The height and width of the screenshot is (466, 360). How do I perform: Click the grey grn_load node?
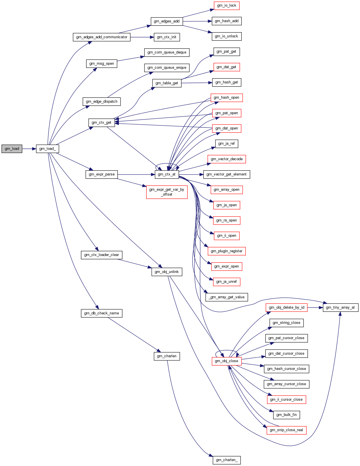click(12, 149)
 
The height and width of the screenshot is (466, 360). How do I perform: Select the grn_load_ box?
click(47, 149)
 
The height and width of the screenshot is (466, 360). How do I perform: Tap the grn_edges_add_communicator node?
click(102, 37)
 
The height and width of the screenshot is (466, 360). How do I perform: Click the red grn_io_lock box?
click(226, 5)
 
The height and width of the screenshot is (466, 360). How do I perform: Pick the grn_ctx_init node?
click(167, 37)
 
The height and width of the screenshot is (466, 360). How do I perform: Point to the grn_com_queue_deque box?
click(167, 52)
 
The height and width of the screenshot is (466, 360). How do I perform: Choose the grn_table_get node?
click(167, 83)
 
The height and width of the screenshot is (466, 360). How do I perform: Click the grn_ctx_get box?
click(101, 123)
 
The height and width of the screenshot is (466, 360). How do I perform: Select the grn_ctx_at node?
click(167, 174)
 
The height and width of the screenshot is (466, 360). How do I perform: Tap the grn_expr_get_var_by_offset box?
click(167, 192)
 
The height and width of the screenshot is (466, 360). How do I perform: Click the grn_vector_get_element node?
click(226, 174)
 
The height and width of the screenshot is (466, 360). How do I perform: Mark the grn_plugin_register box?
click(226, 251)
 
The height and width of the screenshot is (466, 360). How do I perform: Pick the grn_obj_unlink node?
click(167, 272)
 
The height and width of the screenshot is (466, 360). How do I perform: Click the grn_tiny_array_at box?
click(340, 308)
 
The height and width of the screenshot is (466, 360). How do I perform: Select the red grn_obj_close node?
click(226, 361)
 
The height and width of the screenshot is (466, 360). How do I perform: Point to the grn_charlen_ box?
click(227, 460)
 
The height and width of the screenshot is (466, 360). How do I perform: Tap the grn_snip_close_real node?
click(286, 430)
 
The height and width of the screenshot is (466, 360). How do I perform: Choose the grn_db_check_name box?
click(102, 313)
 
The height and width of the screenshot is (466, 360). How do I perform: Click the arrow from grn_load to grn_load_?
click(29, 149)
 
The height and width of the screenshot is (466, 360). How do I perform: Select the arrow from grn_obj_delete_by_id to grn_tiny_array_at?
click(315, 308)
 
